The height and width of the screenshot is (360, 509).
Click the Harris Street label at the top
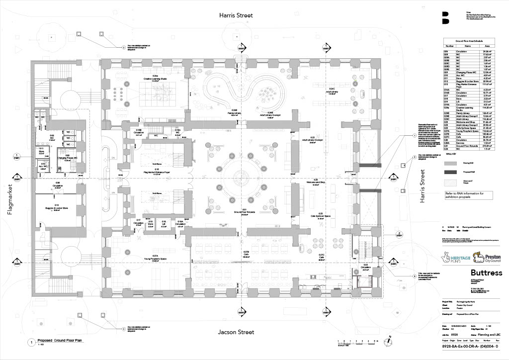236,15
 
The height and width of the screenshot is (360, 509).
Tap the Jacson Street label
236,332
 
